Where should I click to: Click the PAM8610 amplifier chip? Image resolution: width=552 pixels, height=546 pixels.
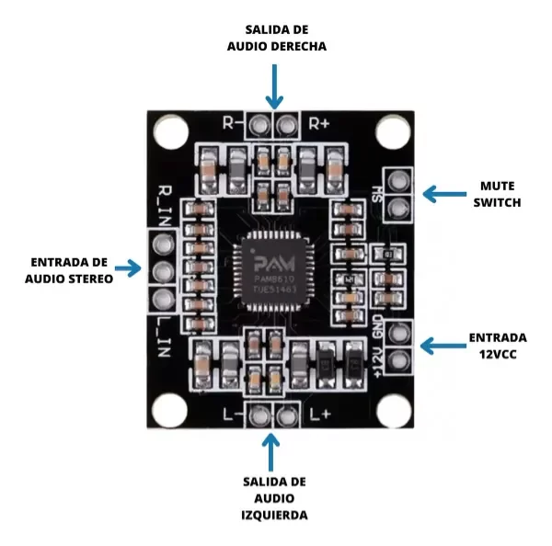pos(276,272)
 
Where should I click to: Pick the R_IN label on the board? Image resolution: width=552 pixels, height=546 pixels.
pos(165,203)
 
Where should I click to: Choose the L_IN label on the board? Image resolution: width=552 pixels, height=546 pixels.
pos(165,334)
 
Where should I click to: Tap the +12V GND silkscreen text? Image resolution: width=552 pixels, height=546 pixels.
pos(378,346)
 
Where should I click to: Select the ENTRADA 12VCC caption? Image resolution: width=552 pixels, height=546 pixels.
pos(498,345)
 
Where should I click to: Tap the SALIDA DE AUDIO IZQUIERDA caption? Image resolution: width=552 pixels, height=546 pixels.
pos(275,498)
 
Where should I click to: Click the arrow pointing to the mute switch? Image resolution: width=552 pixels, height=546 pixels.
pos(443,194)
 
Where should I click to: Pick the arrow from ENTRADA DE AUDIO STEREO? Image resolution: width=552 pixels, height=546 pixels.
pos(129,270)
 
